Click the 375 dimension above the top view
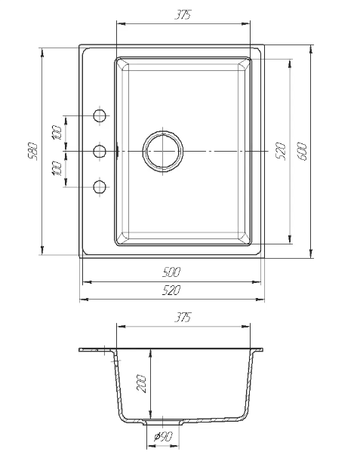pos(183,15)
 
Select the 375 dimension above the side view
pos(183,317)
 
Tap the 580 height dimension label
pos(34,152)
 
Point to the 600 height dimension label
pos(303,152)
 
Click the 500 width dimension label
pos(171,272)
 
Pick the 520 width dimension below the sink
pos(171,290)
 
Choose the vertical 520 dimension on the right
pos(282,152)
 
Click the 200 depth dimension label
pos(142,384)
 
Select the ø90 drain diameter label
pos(163,436)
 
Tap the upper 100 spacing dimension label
pos(57,133)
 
